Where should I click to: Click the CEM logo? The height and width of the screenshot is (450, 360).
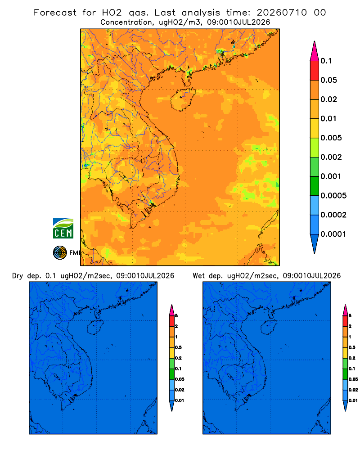(x=63, y=228)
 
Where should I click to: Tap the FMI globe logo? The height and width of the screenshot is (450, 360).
(x=60, y=252)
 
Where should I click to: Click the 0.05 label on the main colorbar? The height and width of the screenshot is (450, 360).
(x=328, y=80)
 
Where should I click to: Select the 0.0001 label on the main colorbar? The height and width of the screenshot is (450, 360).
(x=333, y=234)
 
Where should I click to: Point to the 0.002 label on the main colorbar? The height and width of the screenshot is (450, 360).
(x=331, y=157)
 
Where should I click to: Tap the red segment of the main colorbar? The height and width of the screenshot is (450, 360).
(x=315, y=70)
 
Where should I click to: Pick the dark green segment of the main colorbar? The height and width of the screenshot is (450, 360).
(x=315, y=186)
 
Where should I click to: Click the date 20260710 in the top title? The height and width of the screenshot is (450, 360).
(x=282, y=13)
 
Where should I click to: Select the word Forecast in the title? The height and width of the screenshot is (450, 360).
(x=55, y=13)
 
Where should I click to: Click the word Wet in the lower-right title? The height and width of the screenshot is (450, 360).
(x=198, y=276)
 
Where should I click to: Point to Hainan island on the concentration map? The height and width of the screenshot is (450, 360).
(x=183, y=99)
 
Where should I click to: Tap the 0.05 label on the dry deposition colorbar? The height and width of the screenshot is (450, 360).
(x=180, y=379)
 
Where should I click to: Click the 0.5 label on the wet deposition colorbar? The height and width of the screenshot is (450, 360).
(x=351, y=347)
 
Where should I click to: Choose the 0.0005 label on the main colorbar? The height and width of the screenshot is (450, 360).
(x=333, y=196)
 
